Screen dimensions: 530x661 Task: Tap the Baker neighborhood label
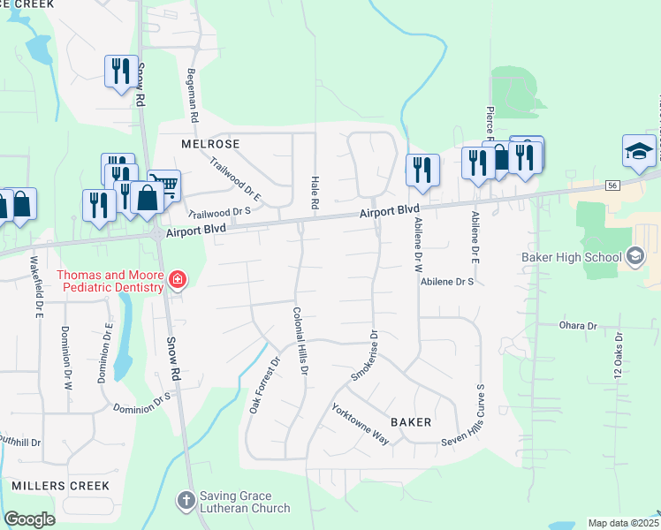[411, 422]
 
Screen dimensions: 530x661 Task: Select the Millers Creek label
[60, 486]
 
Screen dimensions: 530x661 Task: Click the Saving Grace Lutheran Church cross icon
[186, 502]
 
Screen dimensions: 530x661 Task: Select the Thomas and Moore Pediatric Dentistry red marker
[178, 281]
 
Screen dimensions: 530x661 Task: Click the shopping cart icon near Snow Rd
[163, 185]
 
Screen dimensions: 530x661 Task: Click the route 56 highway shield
[612, 185]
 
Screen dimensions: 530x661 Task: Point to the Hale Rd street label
[315, 193]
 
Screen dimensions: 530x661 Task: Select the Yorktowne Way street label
[361, 423]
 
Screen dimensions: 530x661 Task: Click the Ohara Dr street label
[579, 326]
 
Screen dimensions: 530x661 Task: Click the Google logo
[29, 519]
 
